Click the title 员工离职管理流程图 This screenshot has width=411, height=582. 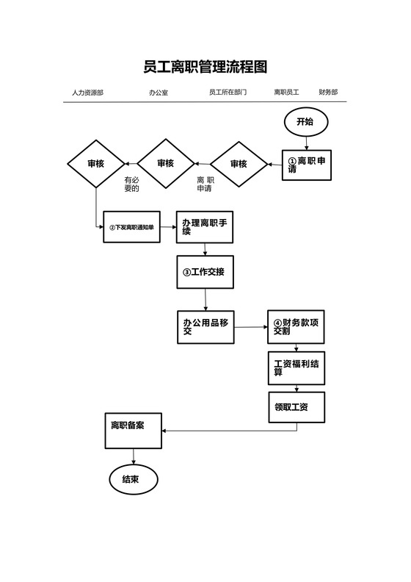pos(205,67)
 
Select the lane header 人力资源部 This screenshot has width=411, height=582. pos(87,93)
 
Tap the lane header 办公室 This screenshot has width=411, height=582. pos(158,93)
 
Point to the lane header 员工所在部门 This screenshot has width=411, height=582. pos(228,93)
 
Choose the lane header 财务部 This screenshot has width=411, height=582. pos(328,93)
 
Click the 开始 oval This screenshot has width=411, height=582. pos(305,122)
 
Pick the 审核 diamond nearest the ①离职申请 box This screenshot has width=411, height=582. pos(239,164)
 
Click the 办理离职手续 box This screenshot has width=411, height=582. pos(205,227)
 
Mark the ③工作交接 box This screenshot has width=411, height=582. pos(205,272)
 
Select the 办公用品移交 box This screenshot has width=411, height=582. pos(205,327)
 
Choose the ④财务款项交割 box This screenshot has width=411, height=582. pos(296,327)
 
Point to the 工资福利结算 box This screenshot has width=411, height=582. pos(296,368)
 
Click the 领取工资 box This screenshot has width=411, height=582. pos(296,406)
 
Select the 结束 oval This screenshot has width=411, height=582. pos(133,479)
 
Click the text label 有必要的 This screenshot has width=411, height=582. pos(131,184)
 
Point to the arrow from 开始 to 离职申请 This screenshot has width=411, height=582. pos(306,143)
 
